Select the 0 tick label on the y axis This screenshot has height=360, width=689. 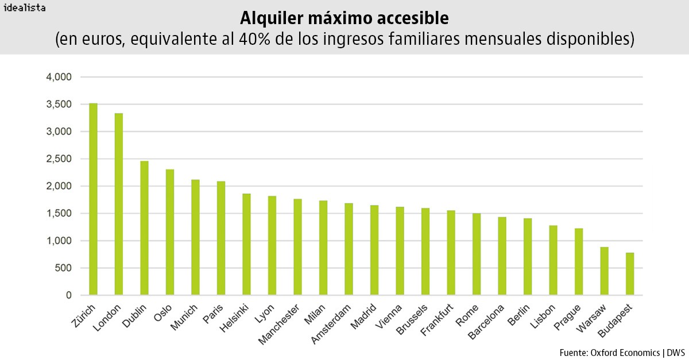pos(68,295)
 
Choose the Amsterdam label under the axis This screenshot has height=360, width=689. pos(332,324)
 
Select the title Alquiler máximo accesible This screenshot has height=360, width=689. pos(344,18)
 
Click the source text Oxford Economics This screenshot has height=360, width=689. pos(622,351)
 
